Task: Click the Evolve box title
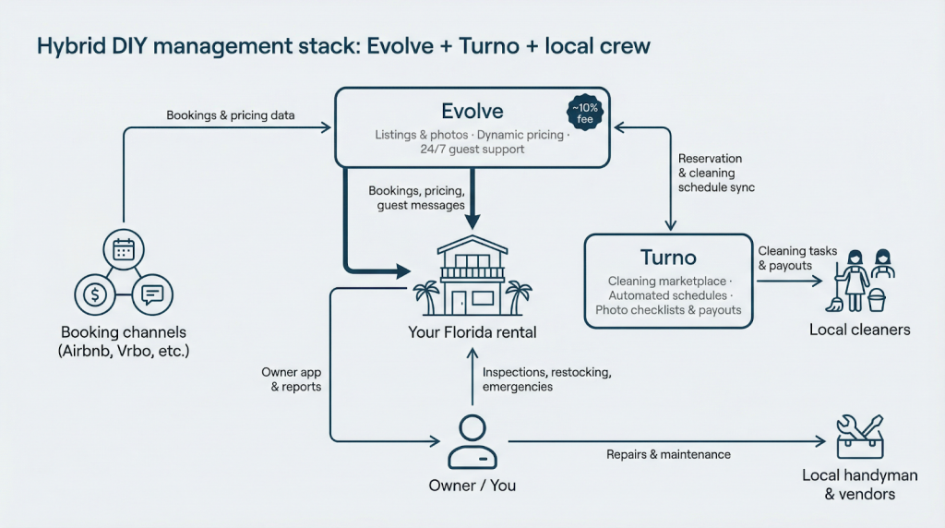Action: (472, 112)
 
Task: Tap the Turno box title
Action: (668, 257)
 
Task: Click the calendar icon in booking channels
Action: (123, 248)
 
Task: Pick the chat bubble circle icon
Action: (151, 294)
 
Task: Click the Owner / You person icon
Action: (472, 441)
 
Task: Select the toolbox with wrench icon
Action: (858, 437)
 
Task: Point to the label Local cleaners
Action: (859, 330)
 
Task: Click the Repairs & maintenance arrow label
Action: (668, 454)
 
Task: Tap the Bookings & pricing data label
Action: (231, 115)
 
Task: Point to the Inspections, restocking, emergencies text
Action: (547, 379)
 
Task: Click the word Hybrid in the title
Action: (72, 46)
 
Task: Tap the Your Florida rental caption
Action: (472, 331)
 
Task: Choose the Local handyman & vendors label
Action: (859, 485)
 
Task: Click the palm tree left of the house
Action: (426, 297)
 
